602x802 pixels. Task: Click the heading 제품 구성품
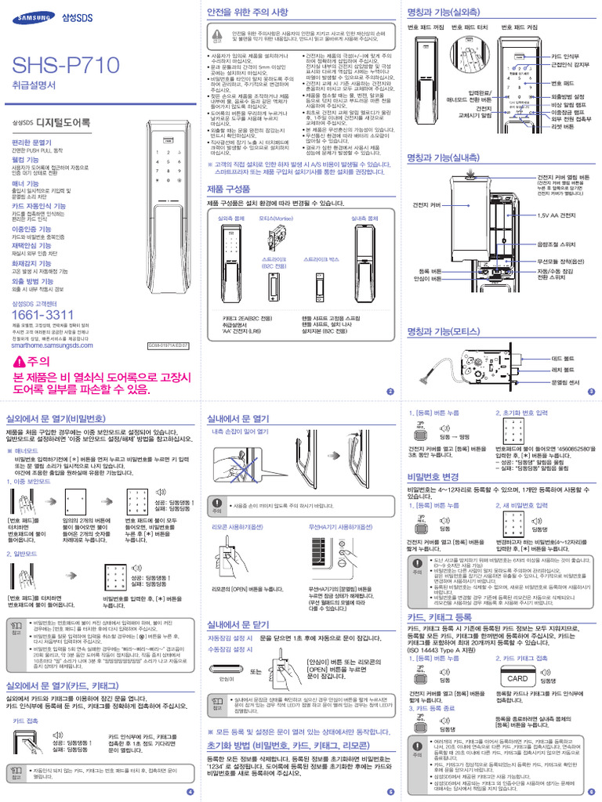pos(229,190)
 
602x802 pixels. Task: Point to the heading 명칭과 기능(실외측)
pos(444,13)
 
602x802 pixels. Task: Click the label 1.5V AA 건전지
pos(558,215)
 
